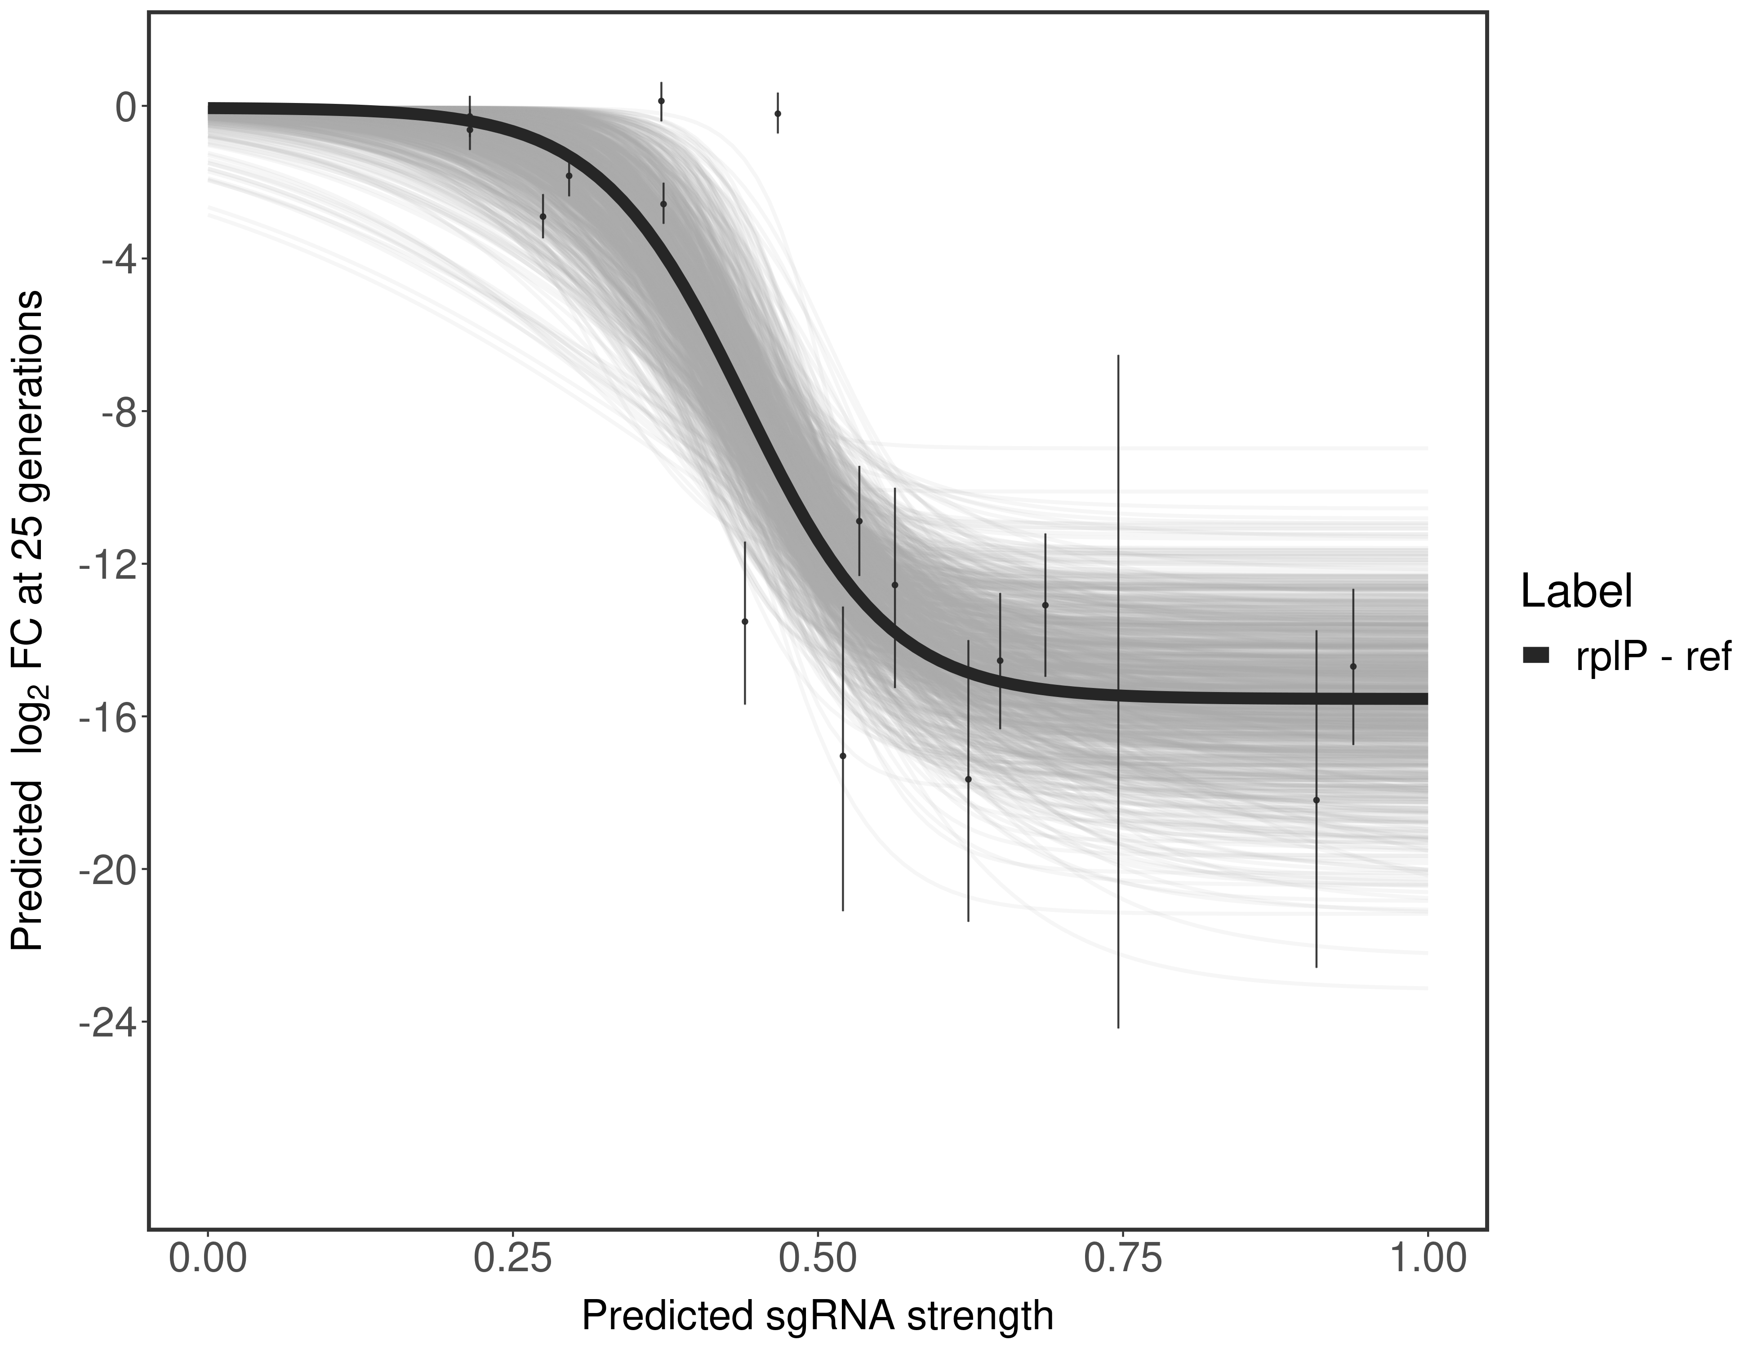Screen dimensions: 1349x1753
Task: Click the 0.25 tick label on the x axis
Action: pos(512,1260)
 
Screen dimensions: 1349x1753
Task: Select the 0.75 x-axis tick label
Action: pos(1121,1260)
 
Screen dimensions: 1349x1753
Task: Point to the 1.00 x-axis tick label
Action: pos(1427,1260)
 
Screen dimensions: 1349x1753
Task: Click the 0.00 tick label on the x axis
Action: pos(208,1260)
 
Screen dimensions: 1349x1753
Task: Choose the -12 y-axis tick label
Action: pos(104,564)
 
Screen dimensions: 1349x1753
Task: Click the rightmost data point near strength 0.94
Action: pos(1353,666)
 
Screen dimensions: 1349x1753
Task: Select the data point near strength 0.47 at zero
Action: pos(778,114)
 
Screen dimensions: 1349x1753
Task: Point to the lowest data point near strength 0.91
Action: pos(1317,800)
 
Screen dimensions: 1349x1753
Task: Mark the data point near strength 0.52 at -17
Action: pos(843,755)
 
